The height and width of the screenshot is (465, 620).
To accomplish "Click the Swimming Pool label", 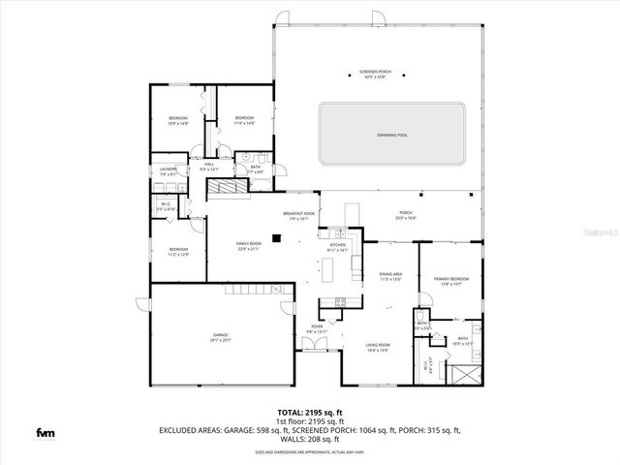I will (x=392, y=135).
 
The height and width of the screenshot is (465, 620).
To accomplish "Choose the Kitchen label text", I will (x=337, y=247).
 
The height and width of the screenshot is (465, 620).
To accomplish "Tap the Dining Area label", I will (x=390, y=276).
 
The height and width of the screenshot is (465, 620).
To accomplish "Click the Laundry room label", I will (x=167, y=171).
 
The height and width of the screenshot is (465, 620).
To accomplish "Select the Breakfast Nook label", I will (x=295, y=216).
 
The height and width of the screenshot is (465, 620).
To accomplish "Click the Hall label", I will (x=209, y=167).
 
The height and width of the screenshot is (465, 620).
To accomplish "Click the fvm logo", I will (x=45, y=432).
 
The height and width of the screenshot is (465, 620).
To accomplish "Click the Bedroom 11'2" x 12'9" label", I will (x=178, y=252).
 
